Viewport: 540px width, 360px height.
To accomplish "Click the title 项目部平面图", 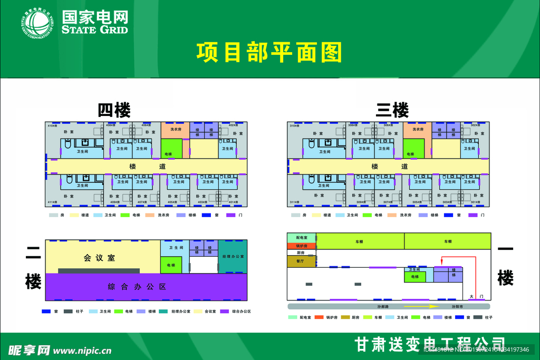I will point(269,53).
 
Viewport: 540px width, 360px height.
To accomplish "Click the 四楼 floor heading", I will point(114,110).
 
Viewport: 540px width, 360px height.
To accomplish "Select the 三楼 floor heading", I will point(392,110).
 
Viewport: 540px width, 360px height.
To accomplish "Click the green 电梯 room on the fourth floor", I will point(171,149).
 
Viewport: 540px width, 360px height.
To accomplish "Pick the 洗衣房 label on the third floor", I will point(418,129).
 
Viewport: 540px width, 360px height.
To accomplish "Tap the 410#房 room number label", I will point(52,125).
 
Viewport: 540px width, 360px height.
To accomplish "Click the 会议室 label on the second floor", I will point(99,258).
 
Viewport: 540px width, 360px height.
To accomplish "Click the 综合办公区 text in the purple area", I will point(137,287).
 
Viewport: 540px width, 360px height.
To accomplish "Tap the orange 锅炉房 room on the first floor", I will point(301,246).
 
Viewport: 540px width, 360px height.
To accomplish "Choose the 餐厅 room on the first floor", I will point(301,261).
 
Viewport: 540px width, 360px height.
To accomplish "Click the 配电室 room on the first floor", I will point(301,238).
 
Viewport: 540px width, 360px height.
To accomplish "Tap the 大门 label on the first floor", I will point(476,297).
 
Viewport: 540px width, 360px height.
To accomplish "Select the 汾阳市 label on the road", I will point(454,306).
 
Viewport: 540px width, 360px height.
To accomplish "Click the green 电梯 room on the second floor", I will point(171,265).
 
